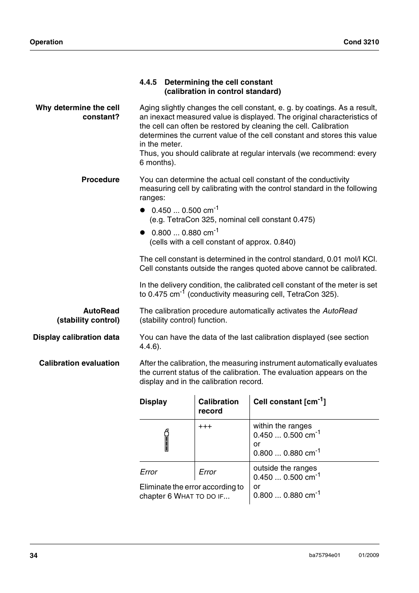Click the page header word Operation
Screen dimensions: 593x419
46,42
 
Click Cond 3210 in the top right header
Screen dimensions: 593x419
361,42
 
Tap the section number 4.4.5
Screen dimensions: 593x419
148,82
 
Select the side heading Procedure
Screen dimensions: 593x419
100,180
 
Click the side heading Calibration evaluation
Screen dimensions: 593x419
79,363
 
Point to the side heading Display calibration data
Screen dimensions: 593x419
76,337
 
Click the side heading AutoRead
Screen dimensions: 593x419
101,311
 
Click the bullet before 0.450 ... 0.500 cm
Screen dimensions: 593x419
142,210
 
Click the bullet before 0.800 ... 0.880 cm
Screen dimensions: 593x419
142,233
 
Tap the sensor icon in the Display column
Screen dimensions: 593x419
166,440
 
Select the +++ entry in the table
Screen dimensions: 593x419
205,426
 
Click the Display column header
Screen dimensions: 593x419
153,402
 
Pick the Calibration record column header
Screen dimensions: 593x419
218,406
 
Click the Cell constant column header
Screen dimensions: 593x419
289,401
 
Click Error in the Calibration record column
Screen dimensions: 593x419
207,472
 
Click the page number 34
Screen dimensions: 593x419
34,556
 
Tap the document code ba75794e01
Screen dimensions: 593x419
325,555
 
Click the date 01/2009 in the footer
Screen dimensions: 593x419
368,555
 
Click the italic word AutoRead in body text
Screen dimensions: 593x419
340,311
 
